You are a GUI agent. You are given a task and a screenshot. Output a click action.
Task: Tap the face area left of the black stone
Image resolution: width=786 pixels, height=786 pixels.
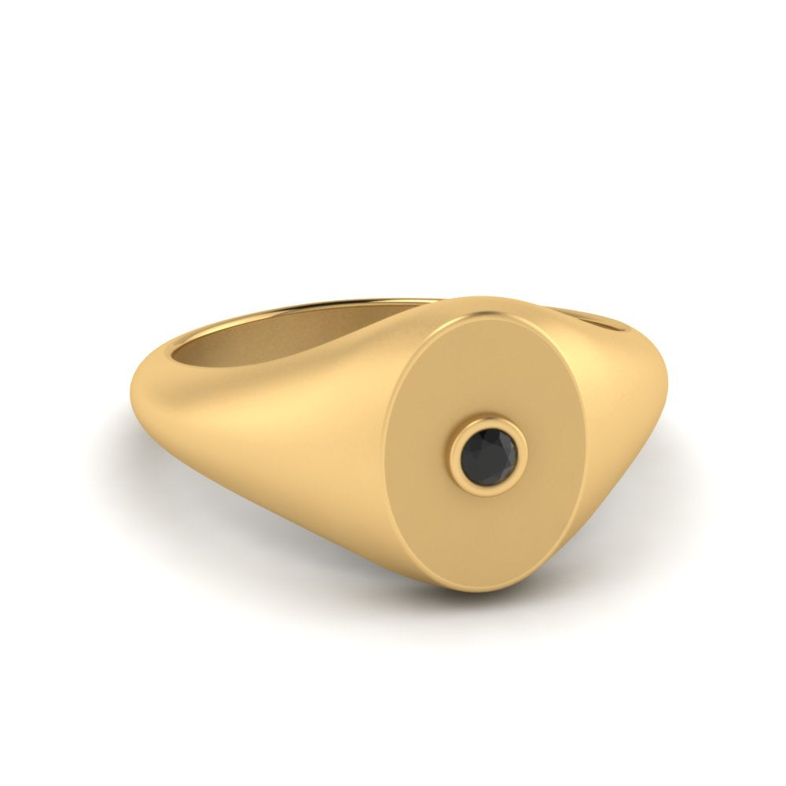point(424,448)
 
